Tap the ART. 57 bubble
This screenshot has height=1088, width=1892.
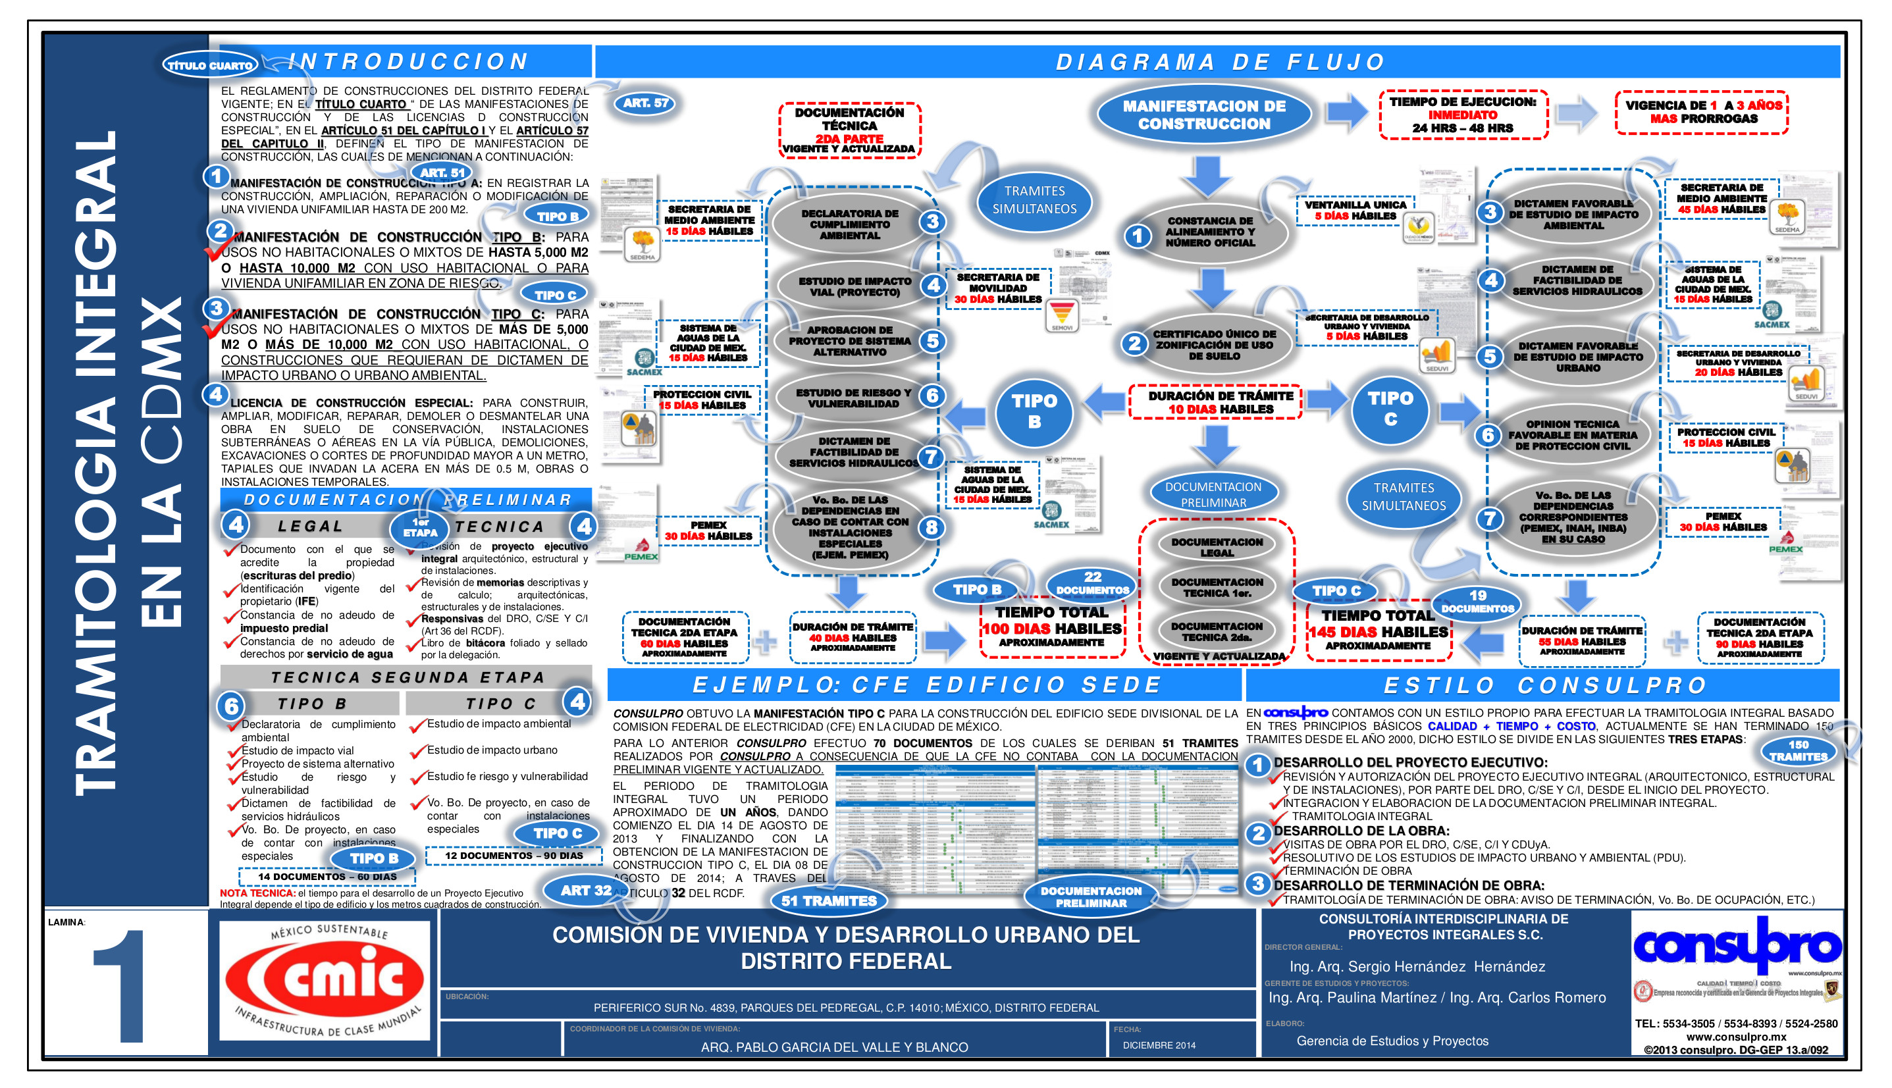pos(646,103)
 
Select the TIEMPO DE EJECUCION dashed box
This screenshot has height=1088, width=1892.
pos(1462,115)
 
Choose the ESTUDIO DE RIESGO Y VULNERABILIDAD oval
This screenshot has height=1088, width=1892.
pos(853,398)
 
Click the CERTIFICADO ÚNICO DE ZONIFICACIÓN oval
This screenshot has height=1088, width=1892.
pos(1213,344)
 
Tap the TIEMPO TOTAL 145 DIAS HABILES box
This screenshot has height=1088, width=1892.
pos(1377,630)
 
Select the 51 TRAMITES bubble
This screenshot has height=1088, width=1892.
pos(829,900)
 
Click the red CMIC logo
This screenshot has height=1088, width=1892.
pos(325,979)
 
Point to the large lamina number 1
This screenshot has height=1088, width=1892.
pos(120,987)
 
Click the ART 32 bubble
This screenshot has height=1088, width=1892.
pos(586,890)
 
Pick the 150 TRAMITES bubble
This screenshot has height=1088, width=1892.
pos(1798,750)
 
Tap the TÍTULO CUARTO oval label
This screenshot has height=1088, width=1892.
pos(210,65)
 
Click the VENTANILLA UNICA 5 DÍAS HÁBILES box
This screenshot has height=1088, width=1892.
pos(1355,210)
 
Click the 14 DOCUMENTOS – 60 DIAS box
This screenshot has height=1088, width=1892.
pos(327,877)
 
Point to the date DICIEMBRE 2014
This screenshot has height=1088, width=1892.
pos(1158,1045)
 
